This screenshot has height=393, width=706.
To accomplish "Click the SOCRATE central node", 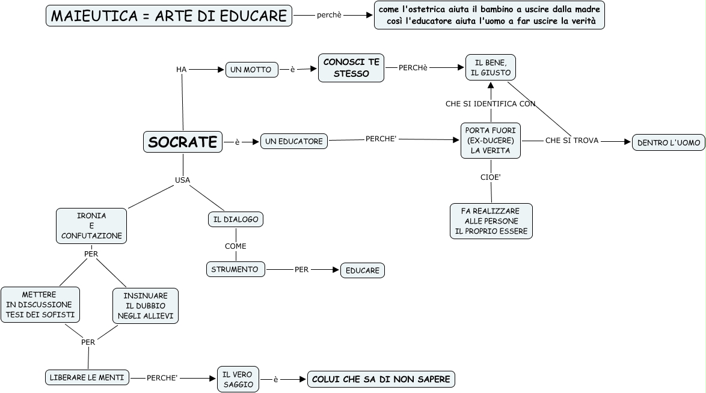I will [x=183, y=142].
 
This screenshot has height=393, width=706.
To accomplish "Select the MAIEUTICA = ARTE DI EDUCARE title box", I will [x=169, y=16].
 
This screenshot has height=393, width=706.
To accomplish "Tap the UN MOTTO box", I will [x=251, y=70].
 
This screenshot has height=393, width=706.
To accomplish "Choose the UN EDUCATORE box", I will [x=294, y=141].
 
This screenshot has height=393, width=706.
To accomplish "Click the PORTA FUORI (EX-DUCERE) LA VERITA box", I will [x=490, y=141].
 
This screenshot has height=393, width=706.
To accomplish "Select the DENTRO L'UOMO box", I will [x=668, y=142].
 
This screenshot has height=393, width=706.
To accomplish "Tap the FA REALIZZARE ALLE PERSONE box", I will [x=491, y=221].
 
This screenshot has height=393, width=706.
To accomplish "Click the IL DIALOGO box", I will [x=236, y=219].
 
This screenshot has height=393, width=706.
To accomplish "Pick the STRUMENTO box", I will [x=235, y=269].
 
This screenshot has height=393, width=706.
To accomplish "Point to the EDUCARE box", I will [x=362, y=270].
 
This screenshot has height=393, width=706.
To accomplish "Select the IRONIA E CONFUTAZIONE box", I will [x=91, y=225].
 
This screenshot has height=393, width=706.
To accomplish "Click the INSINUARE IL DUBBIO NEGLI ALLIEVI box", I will [x=146, y=305].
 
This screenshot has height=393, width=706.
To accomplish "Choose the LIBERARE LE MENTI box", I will [x=87, y=377].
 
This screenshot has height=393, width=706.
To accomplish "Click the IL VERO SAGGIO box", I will [x=238, y=379].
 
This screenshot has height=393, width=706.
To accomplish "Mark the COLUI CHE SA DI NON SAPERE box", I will [x=381, y=379].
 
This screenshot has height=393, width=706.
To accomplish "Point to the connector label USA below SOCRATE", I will [x=182, y=180].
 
